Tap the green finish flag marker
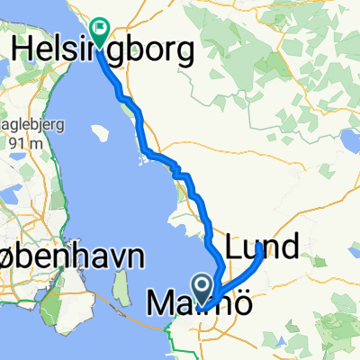point(99,29)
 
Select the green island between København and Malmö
point(119,293)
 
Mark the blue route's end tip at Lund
point(261,247)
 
